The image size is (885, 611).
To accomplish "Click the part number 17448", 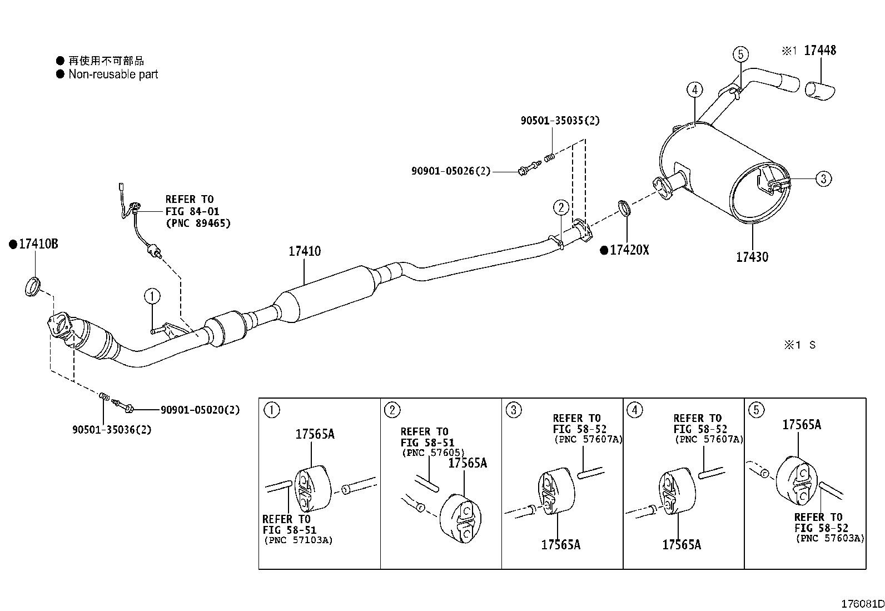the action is (x=820, y=50).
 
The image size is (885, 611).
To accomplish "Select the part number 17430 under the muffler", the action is (x=752, y=257).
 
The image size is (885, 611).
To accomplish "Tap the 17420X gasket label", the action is (x=629, y=250).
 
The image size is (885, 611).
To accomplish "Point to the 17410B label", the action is (x=38, y=244).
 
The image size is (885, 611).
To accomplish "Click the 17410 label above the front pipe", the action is (x=305, y=251).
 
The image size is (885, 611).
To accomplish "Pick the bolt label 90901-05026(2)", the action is (x=451, y=171).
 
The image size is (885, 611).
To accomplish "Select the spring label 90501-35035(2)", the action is (x=560, y=121).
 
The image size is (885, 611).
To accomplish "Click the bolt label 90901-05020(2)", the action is (x=200, y=410).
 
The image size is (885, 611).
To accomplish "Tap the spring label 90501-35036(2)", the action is (x=112, y=430).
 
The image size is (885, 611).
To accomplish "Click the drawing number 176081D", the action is (x=862, y=604).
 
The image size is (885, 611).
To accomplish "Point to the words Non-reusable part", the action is (x=113, y=74).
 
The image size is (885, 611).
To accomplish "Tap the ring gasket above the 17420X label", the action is (x=624, y=208).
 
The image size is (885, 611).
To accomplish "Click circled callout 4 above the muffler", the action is (x=694, y=90).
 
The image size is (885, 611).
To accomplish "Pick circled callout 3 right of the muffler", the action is (x=823, y=178).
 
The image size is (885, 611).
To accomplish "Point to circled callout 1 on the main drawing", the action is (x=152, y=296).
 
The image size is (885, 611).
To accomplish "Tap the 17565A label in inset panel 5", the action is (x=802, y=424).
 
